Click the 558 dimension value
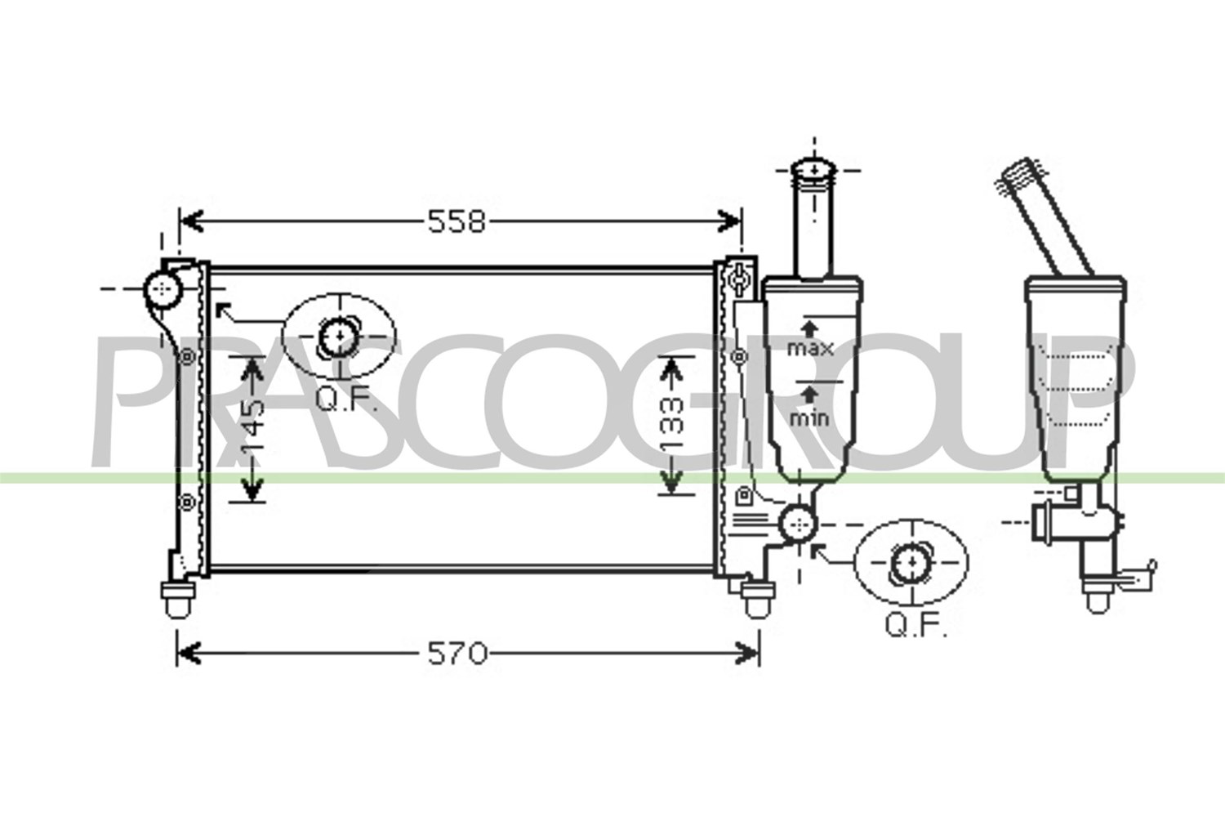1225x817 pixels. (457, 222)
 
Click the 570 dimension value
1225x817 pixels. (457, 654)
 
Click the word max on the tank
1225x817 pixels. (810, 348)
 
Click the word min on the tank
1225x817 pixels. (809, 418)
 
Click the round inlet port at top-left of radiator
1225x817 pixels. (163, 289)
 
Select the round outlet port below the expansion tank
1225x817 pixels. (799, 524)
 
